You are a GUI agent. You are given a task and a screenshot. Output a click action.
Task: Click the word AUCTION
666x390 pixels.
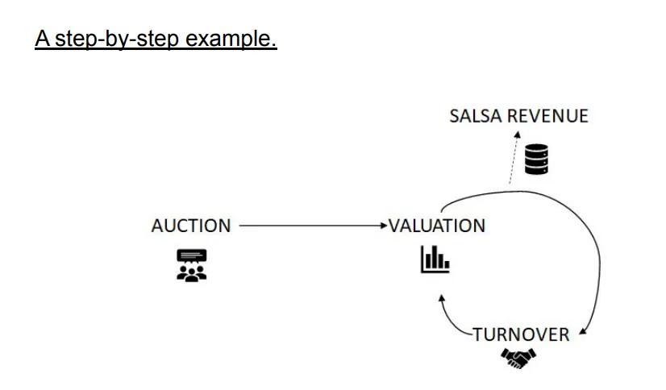tap(190, 226)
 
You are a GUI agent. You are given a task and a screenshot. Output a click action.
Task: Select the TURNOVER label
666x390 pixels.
tap(520, 334)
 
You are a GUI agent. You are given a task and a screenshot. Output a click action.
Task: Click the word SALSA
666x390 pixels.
tap(477, 116)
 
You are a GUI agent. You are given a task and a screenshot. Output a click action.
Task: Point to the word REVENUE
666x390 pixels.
tap(548, 116)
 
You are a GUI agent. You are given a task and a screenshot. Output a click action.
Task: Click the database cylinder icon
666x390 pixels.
tap(536, 159)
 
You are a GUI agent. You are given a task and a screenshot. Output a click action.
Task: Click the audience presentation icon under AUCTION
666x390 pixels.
tap(191, 265)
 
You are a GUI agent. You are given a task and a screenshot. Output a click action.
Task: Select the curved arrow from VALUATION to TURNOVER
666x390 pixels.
tap(581, 242)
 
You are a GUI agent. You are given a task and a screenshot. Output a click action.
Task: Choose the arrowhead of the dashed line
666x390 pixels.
tap(519, 134)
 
